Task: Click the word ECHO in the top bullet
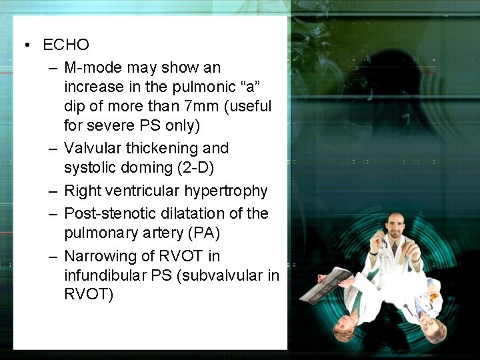coord(65,45)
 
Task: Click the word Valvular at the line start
coord(93,148)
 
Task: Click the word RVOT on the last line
coord(88,295)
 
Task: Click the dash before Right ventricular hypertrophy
coord(52,191)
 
